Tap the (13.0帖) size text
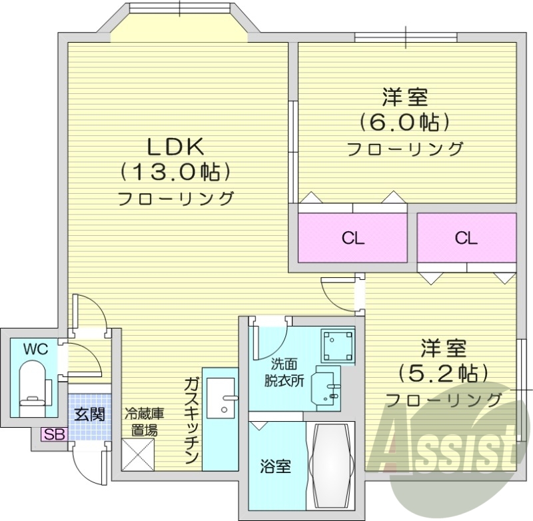coord(175,171)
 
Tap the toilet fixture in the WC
coord(31,382)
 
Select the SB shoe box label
coord(53,434)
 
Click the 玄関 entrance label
coord(88,414)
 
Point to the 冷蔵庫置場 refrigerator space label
coord(143,421)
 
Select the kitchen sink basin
coord(221,397)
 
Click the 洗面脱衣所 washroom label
coord(287,372)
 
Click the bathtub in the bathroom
coord(332,465)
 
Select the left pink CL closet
coord(352,239)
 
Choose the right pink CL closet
coord(466,239)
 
